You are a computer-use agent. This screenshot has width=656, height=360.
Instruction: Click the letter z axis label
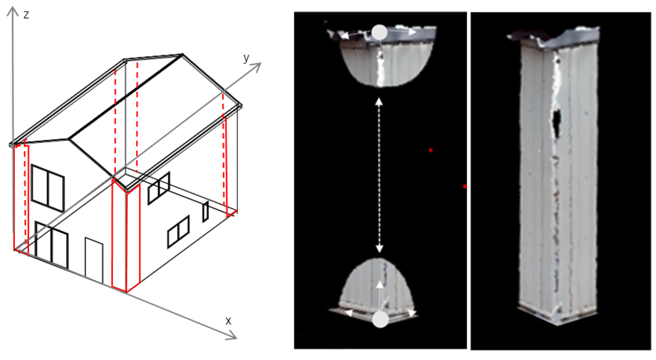(x=26, y=15)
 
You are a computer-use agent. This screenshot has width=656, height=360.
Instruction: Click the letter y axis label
(x=246, y=58)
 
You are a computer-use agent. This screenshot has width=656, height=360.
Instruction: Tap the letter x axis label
(x=228, y=321)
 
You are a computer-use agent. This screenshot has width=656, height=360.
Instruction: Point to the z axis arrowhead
(x=12, y=11)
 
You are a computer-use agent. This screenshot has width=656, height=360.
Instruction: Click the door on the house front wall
(x=94, y=260)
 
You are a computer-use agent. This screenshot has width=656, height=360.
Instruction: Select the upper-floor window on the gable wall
(x=48, y=188)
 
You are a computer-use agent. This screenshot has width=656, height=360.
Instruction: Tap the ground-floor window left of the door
(x=52, y=245)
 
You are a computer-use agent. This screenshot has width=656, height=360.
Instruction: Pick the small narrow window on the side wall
(x=206, y=211)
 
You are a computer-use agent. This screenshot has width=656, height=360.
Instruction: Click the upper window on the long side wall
(x=159, y=189)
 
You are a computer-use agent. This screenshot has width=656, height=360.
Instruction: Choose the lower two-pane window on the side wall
(x=179, y=232)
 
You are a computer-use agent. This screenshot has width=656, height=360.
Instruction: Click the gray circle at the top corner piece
(x=380, y=32)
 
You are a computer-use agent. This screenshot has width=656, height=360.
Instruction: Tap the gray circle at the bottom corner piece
(x=380, y=319)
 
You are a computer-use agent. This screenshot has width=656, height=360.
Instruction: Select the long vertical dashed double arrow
(x=379, y=175)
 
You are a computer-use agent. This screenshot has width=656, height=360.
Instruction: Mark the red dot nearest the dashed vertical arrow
(x=430, y=150)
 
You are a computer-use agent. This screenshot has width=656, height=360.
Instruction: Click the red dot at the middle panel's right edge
(x=465, y=186)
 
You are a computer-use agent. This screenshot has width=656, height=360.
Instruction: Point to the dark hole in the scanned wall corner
(x=556, y=123)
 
